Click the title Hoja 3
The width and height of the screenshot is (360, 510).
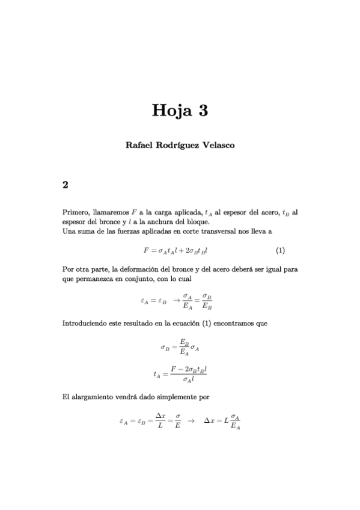click(x=180, y=111)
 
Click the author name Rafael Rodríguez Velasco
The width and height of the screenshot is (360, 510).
click(x=180, y=146)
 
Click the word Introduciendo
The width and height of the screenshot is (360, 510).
click(x=86, y=324)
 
